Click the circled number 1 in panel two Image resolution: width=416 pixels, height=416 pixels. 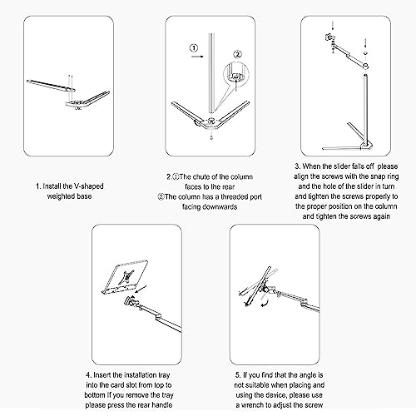[194, 48]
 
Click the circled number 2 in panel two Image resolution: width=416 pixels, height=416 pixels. [238, 54]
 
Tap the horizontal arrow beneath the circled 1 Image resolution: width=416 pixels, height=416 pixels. [197, 57]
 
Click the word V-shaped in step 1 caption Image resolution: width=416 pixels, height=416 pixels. [88, 186]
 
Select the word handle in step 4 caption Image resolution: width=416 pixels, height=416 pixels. [162, 405]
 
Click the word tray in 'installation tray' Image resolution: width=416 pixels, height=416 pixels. [164, 375]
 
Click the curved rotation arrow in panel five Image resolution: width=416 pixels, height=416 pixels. [265, 302]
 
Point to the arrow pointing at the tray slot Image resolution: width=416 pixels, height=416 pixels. [141, 290]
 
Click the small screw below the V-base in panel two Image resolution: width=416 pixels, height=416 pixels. [211, 137]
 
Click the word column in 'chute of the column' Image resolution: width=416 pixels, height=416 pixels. [241, 176]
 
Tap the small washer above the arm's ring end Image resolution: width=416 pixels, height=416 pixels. [365, 52]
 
